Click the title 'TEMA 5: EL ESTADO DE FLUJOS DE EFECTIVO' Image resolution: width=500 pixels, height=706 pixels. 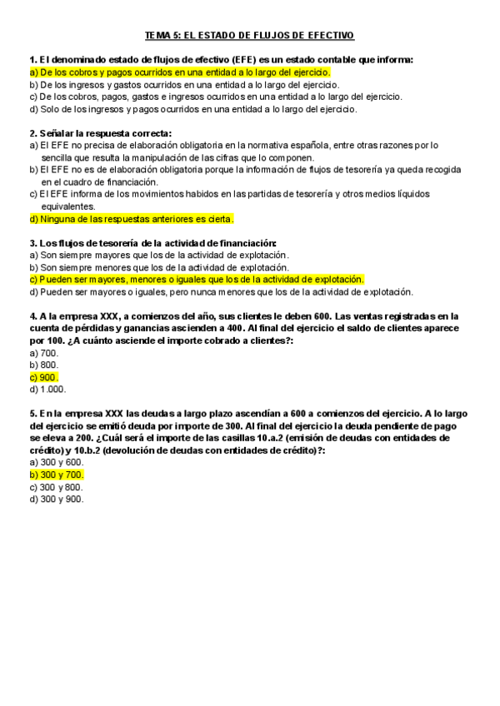tap(249, 35)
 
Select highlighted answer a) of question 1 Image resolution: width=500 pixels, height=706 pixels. tap(179, 72)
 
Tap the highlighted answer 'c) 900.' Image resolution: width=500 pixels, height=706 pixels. tap(43, 377)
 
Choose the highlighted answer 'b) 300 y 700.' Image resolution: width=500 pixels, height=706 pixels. tap(56, 475)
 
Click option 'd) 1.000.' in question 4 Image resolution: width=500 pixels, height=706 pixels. tap(47, 389)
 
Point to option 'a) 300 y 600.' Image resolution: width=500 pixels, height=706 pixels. tap(56, 462)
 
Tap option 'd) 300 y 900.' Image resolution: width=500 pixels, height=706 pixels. tap(56, 499)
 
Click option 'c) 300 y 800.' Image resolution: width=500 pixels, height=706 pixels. tap(56, 487)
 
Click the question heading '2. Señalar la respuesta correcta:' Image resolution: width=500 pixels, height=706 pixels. tap(100, 133)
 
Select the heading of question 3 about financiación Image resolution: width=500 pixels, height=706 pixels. tap(152, 243)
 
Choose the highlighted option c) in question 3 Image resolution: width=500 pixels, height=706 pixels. tap(197, 280)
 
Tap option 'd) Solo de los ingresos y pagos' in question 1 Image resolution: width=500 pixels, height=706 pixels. tap(193, 109)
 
